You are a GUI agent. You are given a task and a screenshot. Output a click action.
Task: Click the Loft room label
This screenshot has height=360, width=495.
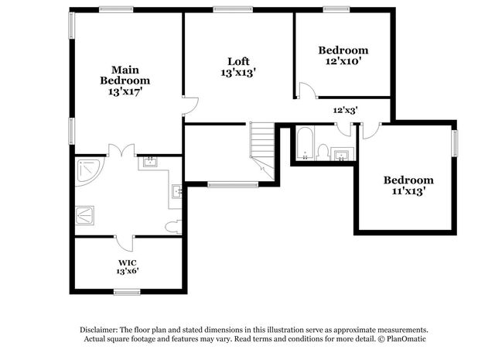click(x=238, y=61)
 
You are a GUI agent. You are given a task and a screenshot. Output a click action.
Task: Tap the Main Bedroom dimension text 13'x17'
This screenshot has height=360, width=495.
click(x=125, y=91)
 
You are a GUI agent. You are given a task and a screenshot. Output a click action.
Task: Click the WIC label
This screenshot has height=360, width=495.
click(x=128, y=262)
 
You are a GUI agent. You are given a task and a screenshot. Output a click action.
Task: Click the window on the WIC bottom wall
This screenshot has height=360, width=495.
click(x=126, y=292)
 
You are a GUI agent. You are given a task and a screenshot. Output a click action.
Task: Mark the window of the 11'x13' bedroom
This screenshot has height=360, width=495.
click(x=454, y=142)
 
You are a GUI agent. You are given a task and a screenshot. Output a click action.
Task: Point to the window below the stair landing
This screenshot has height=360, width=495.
click(x=233, y=184)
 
